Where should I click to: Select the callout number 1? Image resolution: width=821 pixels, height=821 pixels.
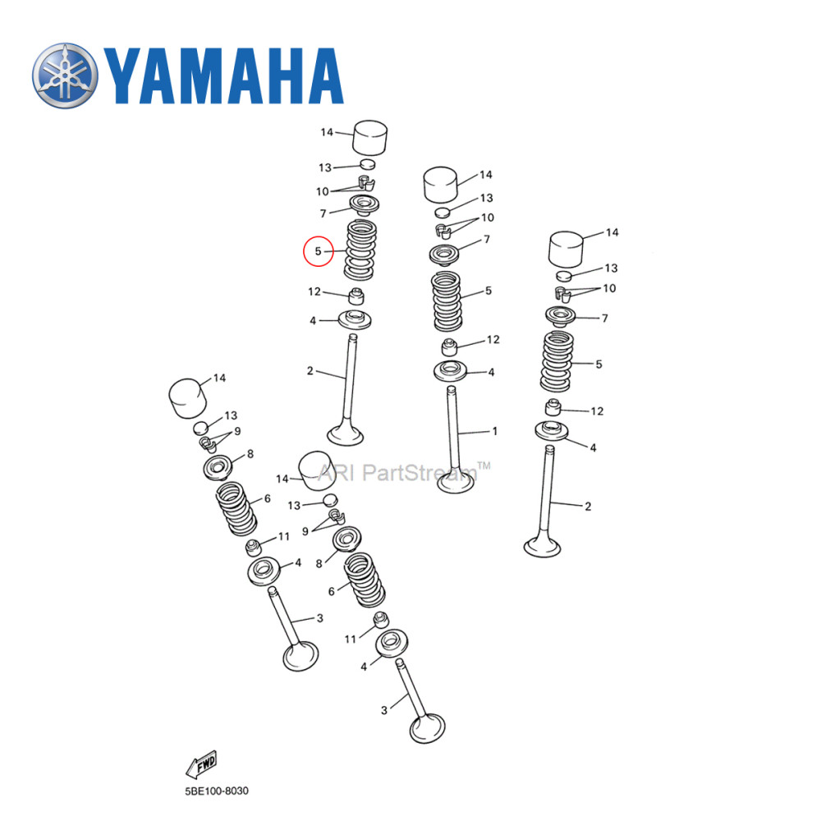pyautogui.click(x=494, y=430)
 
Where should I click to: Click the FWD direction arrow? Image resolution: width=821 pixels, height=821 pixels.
pyautogui.click(x=201, y=765)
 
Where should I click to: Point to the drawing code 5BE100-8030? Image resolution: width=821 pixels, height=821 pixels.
pyautogui.click(x=215, y=791)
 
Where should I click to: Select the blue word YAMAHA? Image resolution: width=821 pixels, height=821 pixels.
pyautogui.click(x=223, y=78)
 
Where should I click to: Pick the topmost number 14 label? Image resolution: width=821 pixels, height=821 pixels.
pyautogui.click(x=327, y=132)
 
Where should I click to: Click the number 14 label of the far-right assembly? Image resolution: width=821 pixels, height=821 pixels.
pyautogui.click(x=612, y=233)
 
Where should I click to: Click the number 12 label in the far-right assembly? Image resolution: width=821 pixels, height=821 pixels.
pyautogui.click(x=597, y=410)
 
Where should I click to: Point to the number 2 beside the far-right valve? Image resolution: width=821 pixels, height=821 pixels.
pyautogui.click(x=588, y=507)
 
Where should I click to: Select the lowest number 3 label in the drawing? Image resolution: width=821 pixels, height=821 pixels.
pyautogui.click(x=383, y=710)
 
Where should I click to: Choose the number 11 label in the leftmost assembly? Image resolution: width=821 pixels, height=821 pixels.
pyautogui.click(x=284, y=537)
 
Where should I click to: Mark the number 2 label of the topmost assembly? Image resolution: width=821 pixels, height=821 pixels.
pyautogui.click(x=310, y=371)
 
